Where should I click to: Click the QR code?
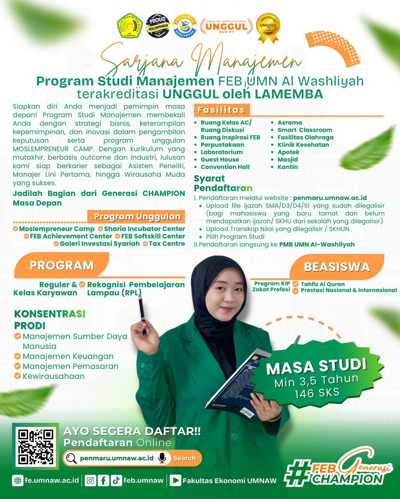(x=36, y=446)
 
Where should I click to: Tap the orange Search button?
(x=184, y=458)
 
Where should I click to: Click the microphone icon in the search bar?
(x=162, y=458)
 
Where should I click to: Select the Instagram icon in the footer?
(x=90, y=481)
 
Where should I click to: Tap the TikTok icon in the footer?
(x=116, y=481)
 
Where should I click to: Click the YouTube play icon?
(x=176, y=481)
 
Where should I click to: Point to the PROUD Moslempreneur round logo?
(x=158, y=26)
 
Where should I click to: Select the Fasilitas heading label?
(x=221, y=110)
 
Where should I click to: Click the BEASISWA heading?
(x=337, y=267)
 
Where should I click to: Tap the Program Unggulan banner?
(x=137, y=217)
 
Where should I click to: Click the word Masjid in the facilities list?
(x=288, y=159)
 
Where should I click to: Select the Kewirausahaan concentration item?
(x=54, y=376)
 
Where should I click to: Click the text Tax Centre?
(x=167, y=244)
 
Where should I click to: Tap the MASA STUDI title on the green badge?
(x=316, y=367)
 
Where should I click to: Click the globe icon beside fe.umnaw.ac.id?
(x=17, y=481)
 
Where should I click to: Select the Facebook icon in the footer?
(x=103, y=481)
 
